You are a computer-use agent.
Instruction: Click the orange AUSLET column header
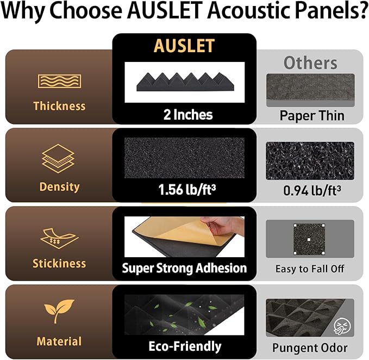coord(184,46)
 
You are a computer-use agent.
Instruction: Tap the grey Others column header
coord(310,63)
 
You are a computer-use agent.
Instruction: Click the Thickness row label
coord(59,105)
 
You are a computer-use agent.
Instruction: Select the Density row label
coord(59,187)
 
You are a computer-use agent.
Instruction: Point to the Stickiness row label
coord(59,263)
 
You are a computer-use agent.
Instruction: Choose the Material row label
coord(59,342)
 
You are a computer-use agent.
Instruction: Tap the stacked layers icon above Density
coord(58,158)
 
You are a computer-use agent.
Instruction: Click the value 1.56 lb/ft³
coord(185,191)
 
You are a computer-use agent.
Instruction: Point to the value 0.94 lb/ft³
coord(311,191)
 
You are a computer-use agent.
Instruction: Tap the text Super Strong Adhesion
coord(184,268)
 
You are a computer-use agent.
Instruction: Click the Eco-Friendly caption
coord(185,346)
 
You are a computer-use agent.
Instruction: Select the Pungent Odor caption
coord(311,347)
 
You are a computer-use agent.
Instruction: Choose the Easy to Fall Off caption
coord(310,269)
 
